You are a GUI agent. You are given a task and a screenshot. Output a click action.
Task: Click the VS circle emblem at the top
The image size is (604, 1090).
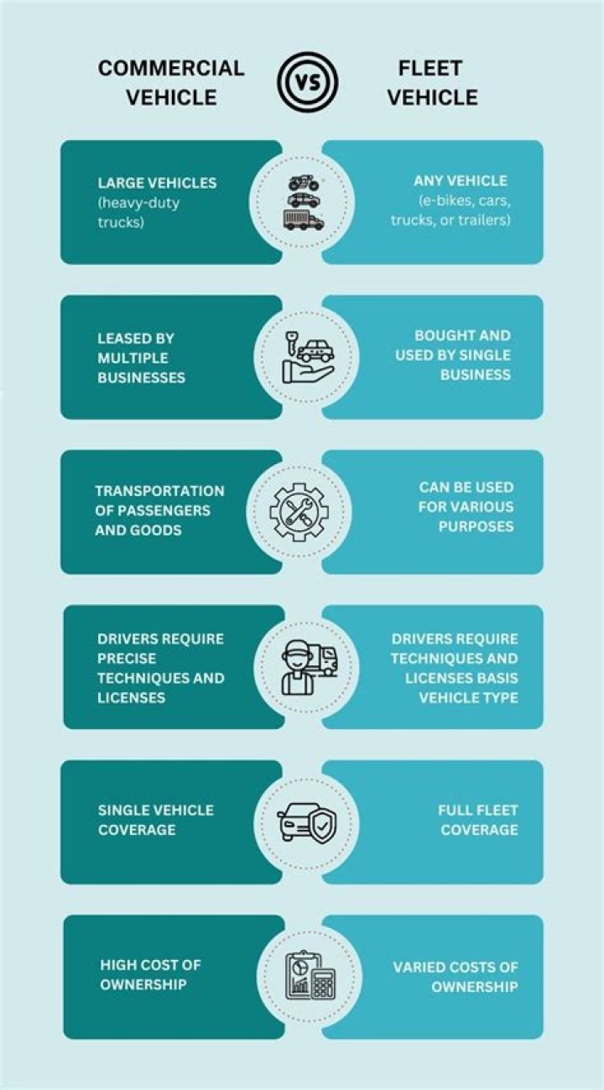click(x=308, y=82)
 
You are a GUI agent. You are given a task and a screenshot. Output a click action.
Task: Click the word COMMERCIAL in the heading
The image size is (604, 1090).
click(x=171, y=68)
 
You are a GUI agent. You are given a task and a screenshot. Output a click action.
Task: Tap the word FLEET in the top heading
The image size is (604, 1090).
click(x=430, y=68)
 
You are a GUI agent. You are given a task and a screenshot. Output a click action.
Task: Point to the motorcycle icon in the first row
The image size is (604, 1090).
click(x=304, y=182)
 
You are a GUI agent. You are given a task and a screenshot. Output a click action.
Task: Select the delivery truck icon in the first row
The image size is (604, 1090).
click(x=304, y=220)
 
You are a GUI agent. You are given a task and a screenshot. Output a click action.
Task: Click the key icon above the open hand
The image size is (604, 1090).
click(x=292, y=343)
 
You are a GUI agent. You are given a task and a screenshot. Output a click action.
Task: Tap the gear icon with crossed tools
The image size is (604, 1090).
click(x=299, y=512)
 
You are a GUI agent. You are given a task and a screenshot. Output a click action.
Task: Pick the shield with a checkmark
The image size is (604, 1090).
click(x=321, y=826)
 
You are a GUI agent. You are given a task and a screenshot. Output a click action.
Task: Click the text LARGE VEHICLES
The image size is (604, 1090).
click(x=157, y=183)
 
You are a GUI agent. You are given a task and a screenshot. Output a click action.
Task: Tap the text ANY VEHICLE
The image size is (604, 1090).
click(x=461, y=181)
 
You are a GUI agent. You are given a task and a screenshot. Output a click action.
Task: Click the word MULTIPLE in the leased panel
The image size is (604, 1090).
click(x=133, y=358)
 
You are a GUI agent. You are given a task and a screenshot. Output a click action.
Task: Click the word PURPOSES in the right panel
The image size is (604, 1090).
click(x=476, y=526)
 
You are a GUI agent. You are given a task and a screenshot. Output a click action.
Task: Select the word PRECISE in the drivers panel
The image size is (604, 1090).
click(x=127, y=659)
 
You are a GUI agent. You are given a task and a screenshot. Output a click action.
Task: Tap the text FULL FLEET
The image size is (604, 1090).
click(x=478, y=811)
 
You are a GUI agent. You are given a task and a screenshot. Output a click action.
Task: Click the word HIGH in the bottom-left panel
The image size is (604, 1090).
click(x=116, y=966)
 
